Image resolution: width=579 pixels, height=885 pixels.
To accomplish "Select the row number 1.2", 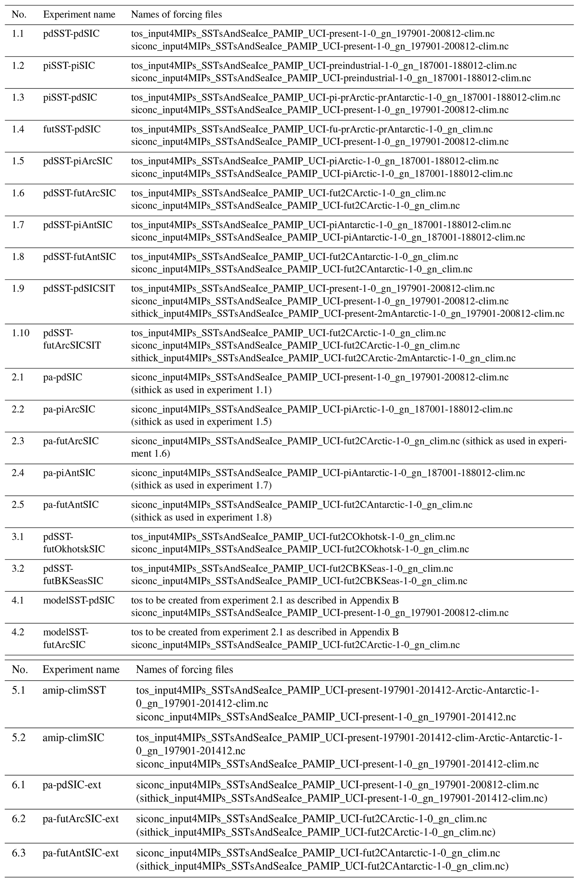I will [x=18, y=66].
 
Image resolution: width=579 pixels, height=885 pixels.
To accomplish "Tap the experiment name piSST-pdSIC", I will [x=70, y=97].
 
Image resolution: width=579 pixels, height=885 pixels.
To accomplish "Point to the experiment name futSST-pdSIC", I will [x=72, y=129].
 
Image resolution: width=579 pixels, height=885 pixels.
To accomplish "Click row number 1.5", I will [x=18, y=161].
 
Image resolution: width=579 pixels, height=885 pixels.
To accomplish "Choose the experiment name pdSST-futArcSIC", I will [x=79, y=193].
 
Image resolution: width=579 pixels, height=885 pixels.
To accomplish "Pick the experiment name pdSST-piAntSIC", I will [x=78, y=225].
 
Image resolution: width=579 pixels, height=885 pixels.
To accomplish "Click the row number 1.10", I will [x=20, y=333].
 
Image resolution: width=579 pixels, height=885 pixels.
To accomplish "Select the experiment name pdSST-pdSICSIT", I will [x=79, y=288].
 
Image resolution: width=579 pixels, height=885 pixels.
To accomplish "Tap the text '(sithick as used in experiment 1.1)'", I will [x=201, y=390].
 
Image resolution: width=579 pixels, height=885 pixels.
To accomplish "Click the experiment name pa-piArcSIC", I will [x=69, y=409].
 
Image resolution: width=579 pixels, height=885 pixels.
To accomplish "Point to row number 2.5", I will [x=18, y=505].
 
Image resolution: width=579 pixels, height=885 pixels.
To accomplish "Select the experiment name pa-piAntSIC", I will [x=69, y=473].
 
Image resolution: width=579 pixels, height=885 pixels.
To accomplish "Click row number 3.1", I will [x=18, y=537].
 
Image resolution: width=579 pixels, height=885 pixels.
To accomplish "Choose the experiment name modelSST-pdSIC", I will [x=79, y=600].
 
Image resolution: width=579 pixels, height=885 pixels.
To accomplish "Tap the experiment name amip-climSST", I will [x=74, y=690].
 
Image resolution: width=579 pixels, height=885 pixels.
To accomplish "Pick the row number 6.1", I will [x=18, y=785].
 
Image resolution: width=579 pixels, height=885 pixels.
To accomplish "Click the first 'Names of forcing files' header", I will [x=176, y=15].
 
